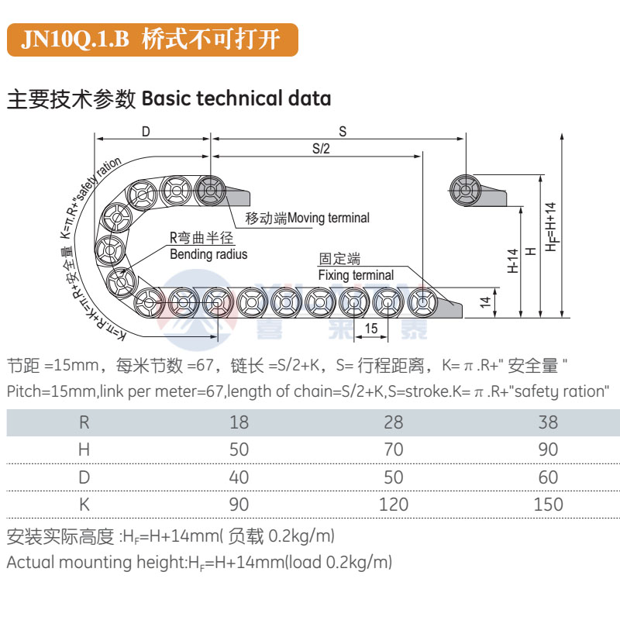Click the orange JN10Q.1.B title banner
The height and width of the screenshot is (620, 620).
[152, 39]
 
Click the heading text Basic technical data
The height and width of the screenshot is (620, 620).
[237, 99]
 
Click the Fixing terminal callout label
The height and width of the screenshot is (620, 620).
[356, 275]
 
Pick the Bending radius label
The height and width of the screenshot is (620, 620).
[208, 254]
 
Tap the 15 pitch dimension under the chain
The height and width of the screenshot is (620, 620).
[371, 329]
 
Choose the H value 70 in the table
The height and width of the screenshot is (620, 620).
[394, 449]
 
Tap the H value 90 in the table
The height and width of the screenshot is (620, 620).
[549, 449]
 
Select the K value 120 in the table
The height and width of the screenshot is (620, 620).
[394, 505]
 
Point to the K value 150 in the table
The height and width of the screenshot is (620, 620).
[549, 505]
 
